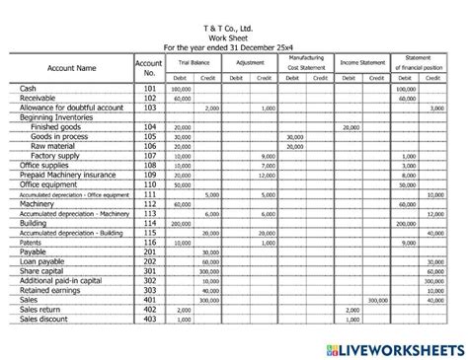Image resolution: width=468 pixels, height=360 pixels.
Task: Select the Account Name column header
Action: [x=72, y=68]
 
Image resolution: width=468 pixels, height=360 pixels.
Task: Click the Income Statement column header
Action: [x=363, y=62]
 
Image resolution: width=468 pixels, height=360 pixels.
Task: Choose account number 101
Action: [x=148, y=89]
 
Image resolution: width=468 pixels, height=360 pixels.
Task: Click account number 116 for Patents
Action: [x=148, y=242]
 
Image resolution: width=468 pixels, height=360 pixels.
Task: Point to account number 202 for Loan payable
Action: [x=148, y=261]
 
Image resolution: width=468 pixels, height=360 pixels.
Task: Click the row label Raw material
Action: [x=58, y=146]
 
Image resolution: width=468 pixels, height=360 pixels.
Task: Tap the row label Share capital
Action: [x=45, y=271]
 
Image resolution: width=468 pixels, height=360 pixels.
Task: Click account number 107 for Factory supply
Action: [x=148, y=156]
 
